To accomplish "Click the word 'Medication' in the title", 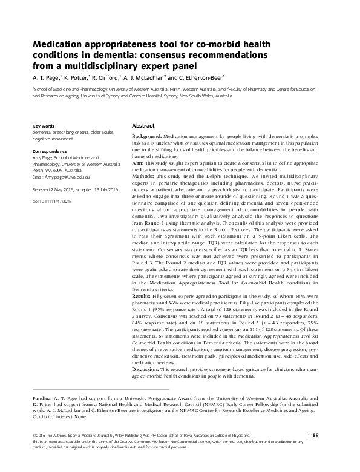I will [x=59, y=45].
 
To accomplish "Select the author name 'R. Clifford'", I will [x=108, y=78].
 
